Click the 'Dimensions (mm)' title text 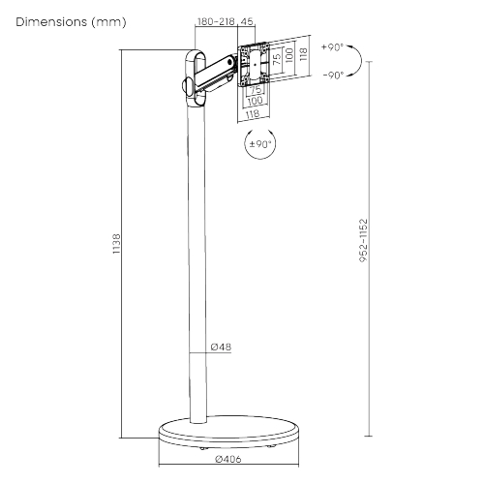71,22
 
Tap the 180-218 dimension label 216,21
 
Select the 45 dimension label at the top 247,21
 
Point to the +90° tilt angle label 332,47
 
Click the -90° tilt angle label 333,76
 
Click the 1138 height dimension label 116,244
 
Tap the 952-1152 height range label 363,240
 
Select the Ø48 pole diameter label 221,347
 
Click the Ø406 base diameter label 228,459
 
